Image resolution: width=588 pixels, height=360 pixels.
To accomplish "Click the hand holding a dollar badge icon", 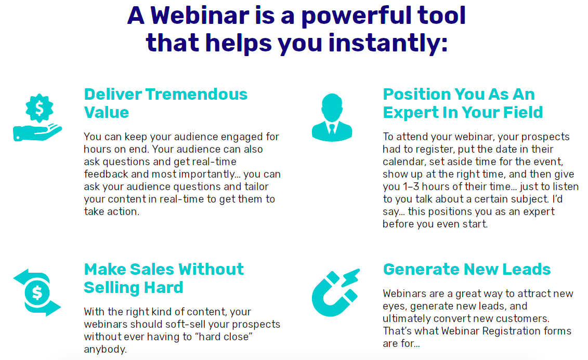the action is click(x=37, y=117).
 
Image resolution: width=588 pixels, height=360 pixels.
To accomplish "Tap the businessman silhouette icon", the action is click(x=332, y=117).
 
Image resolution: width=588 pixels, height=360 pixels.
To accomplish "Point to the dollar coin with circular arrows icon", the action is click(x=37, y=292).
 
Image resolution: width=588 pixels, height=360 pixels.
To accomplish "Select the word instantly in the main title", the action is click(x=388, y=43).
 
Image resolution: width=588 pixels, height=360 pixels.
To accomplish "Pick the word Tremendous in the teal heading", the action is click(x=197, y=94).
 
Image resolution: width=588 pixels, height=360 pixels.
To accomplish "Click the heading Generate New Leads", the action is click(x=467, y=269).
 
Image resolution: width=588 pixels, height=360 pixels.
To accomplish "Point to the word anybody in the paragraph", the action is click(x=106, y=349).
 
